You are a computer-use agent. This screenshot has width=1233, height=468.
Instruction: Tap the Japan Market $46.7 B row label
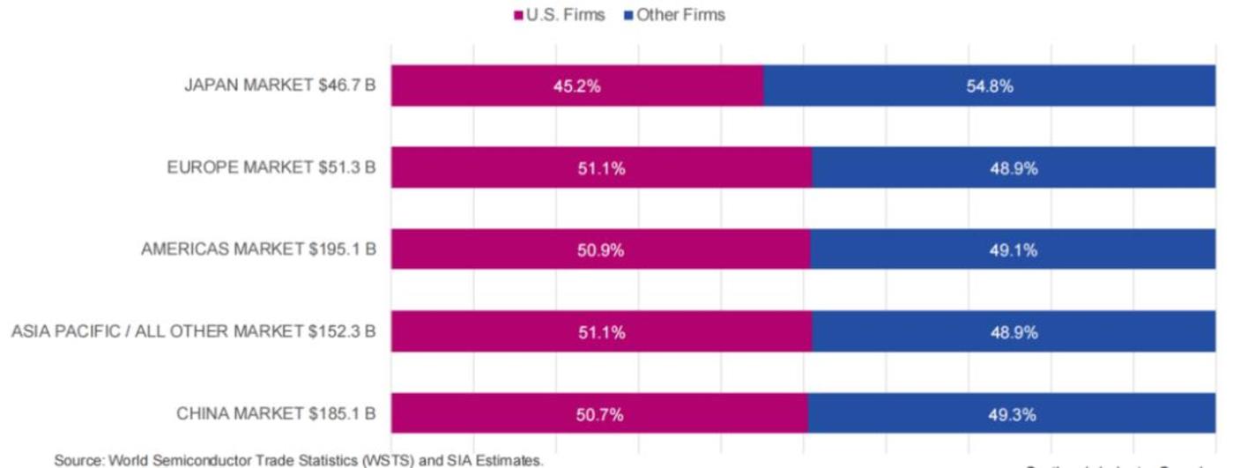pos(279,85)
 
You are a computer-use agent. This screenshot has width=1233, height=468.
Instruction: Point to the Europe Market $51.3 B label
pos(271,167)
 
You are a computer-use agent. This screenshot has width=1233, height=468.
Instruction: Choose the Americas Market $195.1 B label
pos(258,249)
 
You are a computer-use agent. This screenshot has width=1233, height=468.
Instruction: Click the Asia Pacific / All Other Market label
pos(193,331)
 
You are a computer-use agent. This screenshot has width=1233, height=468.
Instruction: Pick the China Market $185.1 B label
pos(276,412)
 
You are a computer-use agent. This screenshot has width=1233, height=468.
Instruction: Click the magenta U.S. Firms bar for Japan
pos(494,86)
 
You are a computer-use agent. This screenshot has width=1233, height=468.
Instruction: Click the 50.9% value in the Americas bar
pos(601,250)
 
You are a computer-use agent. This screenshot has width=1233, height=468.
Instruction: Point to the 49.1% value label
pos(1012,250)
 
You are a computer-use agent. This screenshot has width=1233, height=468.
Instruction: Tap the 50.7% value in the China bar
pos(599,414)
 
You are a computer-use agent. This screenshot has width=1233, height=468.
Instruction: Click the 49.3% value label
pos(1012,414)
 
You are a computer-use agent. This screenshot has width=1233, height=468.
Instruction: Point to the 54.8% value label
pos(990,86)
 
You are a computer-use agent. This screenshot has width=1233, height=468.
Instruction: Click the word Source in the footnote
pos(78,460)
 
